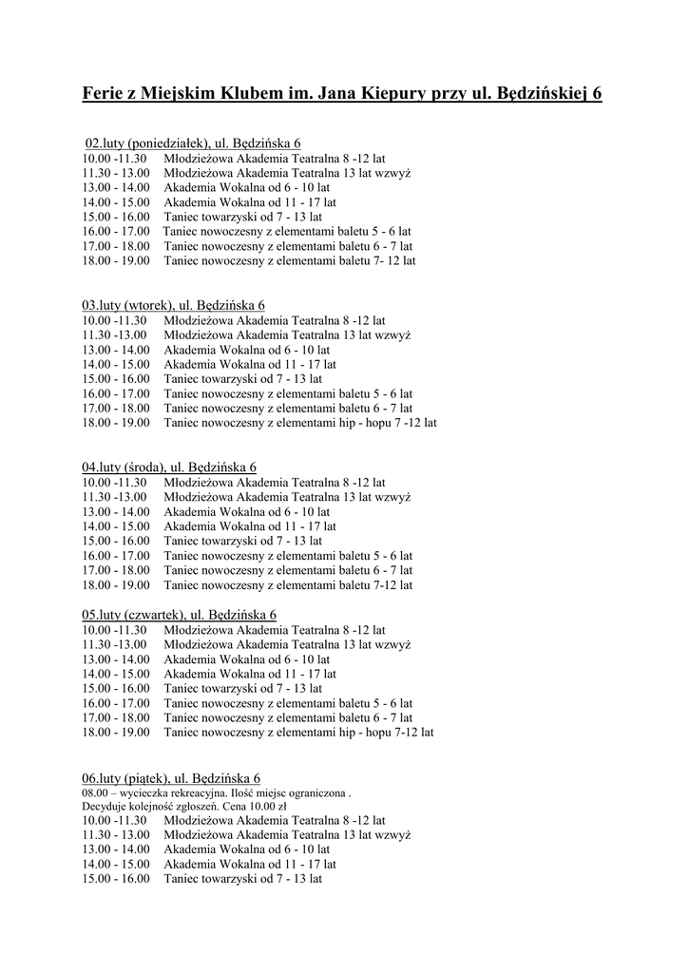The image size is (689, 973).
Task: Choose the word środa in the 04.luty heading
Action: (x=144, y=467)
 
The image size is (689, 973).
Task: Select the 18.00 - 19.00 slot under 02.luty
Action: (x=116, y=260)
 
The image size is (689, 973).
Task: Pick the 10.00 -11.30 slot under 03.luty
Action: (x=115, y=320)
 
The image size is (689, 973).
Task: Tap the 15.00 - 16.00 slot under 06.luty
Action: (x=116, y=880)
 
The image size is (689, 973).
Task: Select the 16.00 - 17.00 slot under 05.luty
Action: (x=116, y=703)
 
